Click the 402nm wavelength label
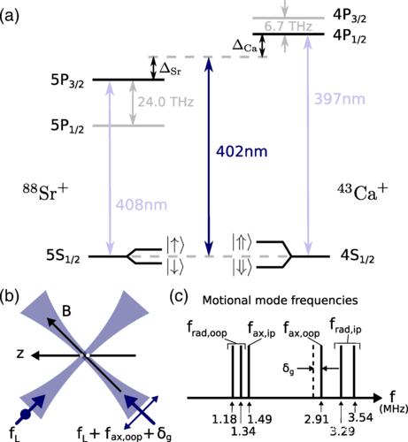pyautogui.click(x=242, y=151)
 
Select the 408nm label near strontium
pyautogui.click(x=142, y=205)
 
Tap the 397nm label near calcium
pyautogui.click(x=340, y=99)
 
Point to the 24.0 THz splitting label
pyautogui.click(x=166, y=102)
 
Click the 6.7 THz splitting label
pyautogui.click(x=288, y=27)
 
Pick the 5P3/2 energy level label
pyautogui.click(x=67, y=81)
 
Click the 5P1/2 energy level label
pyautogui.click(x=67, y=126)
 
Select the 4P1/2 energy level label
pyautogui.click(x=350, y=36)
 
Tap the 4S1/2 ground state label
pyautogui.click(x=358, y=256)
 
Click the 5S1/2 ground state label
pyautogui.click(x=63, y=255)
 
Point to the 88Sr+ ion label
pyautogui.click(x=45, y=193)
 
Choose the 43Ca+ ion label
pyautogui.click(x=363, y=193)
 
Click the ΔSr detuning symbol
pyautogui.click(x=170, y=70)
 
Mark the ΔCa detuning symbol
pyautogui.click(x=245, y=46)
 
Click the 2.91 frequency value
pyautogui.click(x=317, y=419)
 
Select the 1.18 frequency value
pyautogui.click(x=225, y=419)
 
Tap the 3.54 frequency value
pyautogui.click(x=360, y=417)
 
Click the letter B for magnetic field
pyautogui.click(x=66, y=311)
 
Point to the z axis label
pyautogui.click(x=20, y=354)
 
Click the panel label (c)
pyautogui.click(x=179, y=297)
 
